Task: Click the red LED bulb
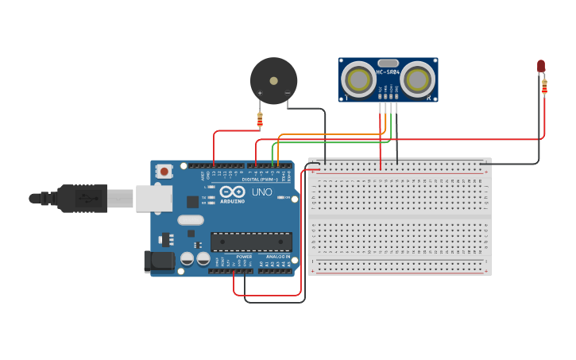click(x=541, y=65)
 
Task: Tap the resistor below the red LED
click(x=544, y=86)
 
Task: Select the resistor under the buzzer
click(x=259, y=119)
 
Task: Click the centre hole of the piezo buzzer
click(x=273, y=80)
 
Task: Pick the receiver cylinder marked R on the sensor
click(x=416, y=79)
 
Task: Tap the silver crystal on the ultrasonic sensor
click(x=388, y=63)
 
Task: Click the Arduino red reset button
click(x=164, y=171)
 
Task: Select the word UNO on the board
click(x=262, y=192)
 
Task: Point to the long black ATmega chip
click(x=251, y=242)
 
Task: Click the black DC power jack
click(x=158, y=262)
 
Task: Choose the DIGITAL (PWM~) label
click(x=260, y=180)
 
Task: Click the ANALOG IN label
click(x=278, y=257)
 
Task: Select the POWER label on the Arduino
click(x=244, y=257)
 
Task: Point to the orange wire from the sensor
click(x=334, y=134)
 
